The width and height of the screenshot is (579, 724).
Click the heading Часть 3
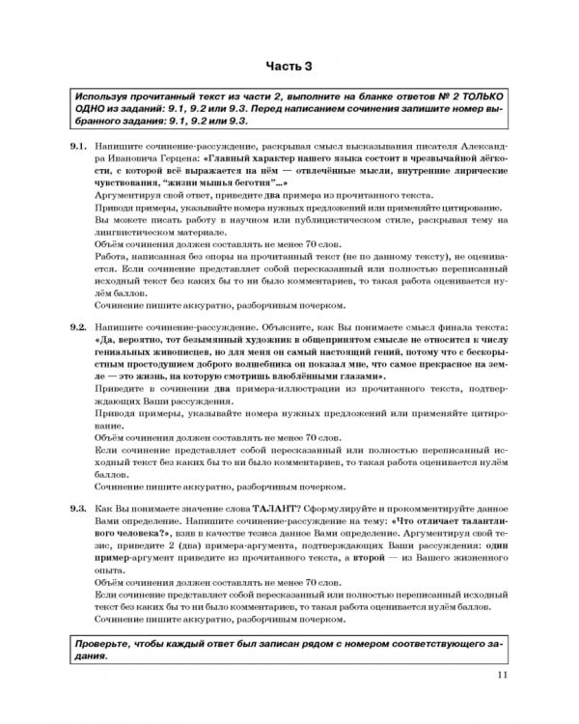point(289,66)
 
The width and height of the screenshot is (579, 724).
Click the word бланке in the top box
point(341,100)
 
